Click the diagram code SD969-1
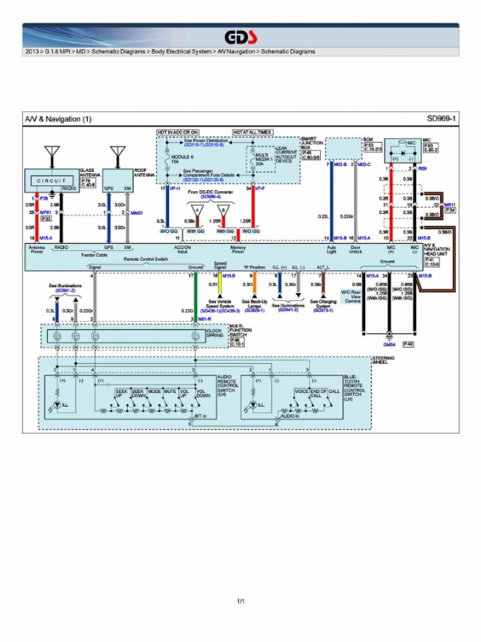click(442, 118)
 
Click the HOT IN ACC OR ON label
click(178, 132)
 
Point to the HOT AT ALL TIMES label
click(252, 132)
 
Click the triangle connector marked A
click(197, 211)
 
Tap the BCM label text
click(368, 139)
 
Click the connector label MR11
click(450, 205)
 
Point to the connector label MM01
click(136, 213)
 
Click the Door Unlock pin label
click(355, 250)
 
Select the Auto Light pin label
click(331, 250)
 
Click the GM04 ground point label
click(389, 344)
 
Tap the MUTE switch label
click(170, 391)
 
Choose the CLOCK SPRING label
click(215, 333)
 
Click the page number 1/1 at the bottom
click(240, 602)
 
